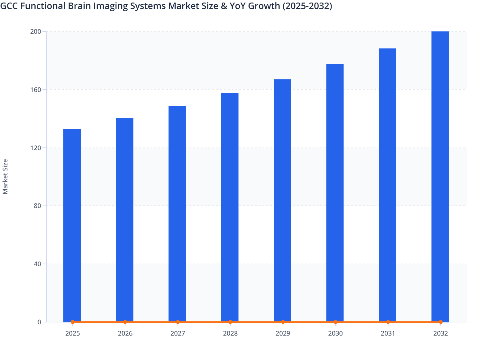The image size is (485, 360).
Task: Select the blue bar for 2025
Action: [x=72, y=225]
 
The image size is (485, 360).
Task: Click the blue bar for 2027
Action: [x=177, y=214]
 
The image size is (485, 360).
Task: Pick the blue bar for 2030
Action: [x=335, y=193]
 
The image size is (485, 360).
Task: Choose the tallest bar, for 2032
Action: [x=440, y=176]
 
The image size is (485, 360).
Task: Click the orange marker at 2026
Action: [x=125, y=322]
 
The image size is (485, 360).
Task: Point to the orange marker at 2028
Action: [x=230, y=322]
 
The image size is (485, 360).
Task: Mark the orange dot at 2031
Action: [x=388, y=322]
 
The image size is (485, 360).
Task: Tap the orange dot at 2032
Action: [x=441, y=322]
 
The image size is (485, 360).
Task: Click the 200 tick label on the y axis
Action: [x=36, y=32]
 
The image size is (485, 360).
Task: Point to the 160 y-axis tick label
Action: [x=36, y=90]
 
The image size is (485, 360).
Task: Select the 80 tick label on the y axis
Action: [x=37, y=206]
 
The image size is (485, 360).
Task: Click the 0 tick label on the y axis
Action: [x=39, y=322]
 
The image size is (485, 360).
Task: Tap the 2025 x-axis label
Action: [x=72, y=333]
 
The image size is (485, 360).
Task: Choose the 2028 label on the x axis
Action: [x=230, y=333]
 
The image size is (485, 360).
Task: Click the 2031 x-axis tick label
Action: [x=388, y=333]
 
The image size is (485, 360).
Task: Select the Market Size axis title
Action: [x=5, y=177]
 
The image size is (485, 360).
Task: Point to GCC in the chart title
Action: [x=8, y=6]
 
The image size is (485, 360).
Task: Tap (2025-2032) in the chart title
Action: [x=307, y=6]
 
